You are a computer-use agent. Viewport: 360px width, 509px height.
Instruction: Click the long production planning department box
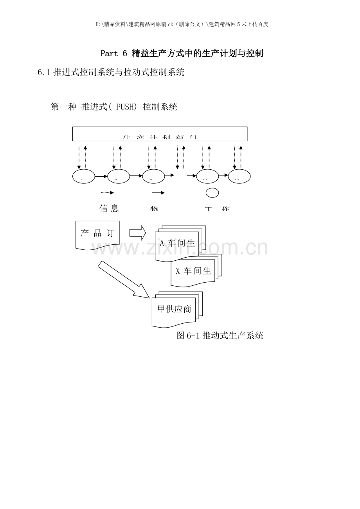(160, 134)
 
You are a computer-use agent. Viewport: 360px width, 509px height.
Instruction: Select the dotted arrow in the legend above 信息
(107, 193)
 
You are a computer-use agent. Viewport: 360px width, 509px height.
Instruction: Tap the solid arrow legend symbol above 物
(158, 193)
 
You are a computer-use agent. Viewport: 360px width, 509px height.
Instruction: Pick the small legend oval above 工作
(212, 193)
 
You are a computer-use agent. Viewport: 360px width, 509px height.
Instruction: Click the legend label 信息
(109, 208)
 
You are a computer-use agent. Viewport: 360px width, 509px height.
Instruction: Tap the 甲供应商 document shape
(174, 310)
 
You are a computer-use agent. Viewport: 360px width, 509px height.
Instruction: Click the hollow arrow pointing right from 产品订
(137, 233)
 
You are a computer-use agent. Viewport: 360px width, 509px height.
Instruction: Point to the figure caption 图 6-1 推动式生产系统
(220, 335)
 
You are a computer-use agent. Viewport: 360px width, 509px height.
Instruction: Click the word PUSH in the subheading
(126, 107)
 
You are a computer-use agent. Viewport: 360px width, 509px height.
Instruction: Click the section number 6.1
(44, 72)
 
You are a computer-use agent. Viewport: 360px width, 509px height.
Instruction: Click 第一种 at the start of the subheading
(63, 107)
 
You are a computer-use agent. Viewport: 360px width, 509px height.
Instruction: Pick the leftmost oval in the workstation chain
(83, 177)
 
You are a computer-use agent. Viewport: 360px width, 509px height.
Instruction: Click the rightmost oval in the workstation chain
(239, 177)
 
